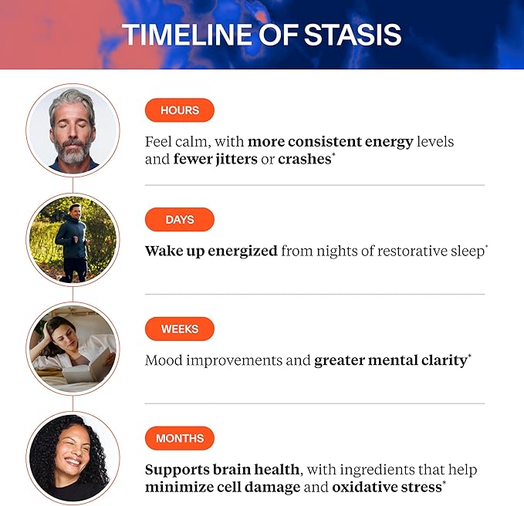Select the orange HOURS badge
tap(179, 110)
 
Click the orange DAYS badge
tap(179, 220)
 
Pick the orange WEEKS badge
tap(179, 329)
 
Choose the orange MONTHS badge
tap(179, 439)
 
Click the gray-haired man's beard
tap(73, 150)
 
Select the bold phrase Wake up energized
tap(211, 251)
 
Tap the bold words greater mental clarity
tap(390, 360)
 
